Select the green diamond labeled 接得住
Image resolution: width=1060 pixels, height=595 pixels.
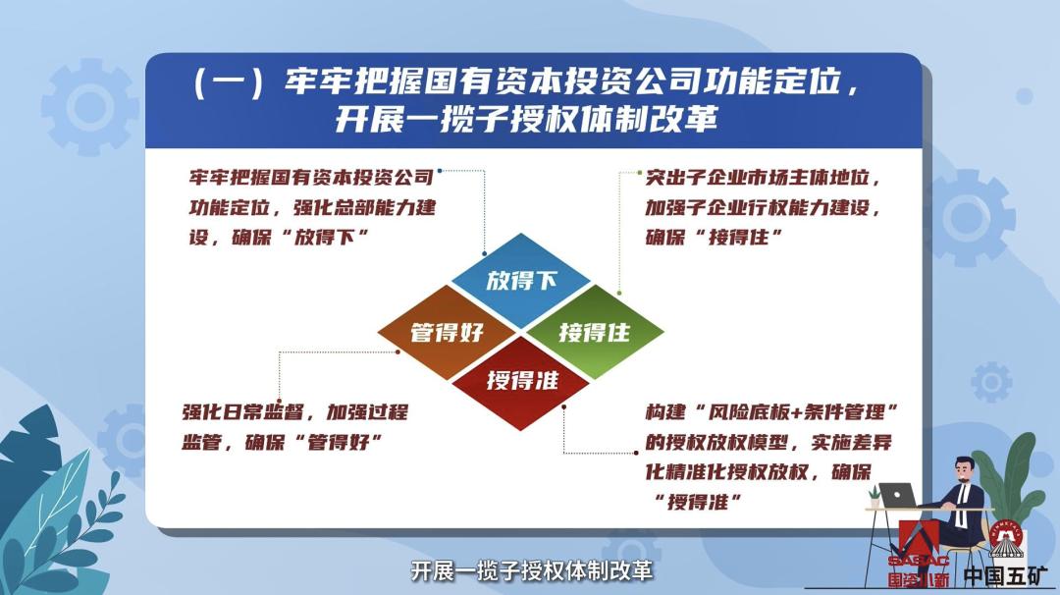pyautogui.click(x=595, y=332)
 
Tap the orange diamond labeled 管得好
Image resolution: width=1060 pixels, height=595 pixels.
pyautogui.click(x=447, y=332)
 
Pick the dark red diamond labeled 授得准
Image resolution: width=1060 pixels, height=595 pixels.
pyautogui.click(x=520, y=383)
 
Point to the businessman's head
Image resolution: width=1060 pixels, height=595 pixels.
pyautogui.click(x=964, y=470)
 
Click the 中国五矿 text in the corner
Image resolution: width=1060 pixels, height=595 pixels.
pyautogui.click(x=1005, y=576)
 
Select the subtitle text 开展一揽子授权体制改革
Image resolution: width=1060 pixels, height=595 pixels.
pyautogui.click(x=531, y=570)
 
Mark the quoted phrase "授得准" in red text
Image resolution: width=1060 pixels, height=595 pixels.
pyautogui.click(x=696, y=502)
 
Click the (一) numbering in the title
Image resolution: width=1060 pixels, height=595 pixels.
pyautogui.click(x=228, y=83)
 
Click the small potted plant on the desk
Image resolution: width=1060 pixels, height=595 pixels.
pyautogui.click(x=874, y=496)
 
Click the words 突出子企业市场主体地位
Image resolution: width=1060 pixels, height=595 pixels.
pyautogui.click(x=758, y=179)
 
